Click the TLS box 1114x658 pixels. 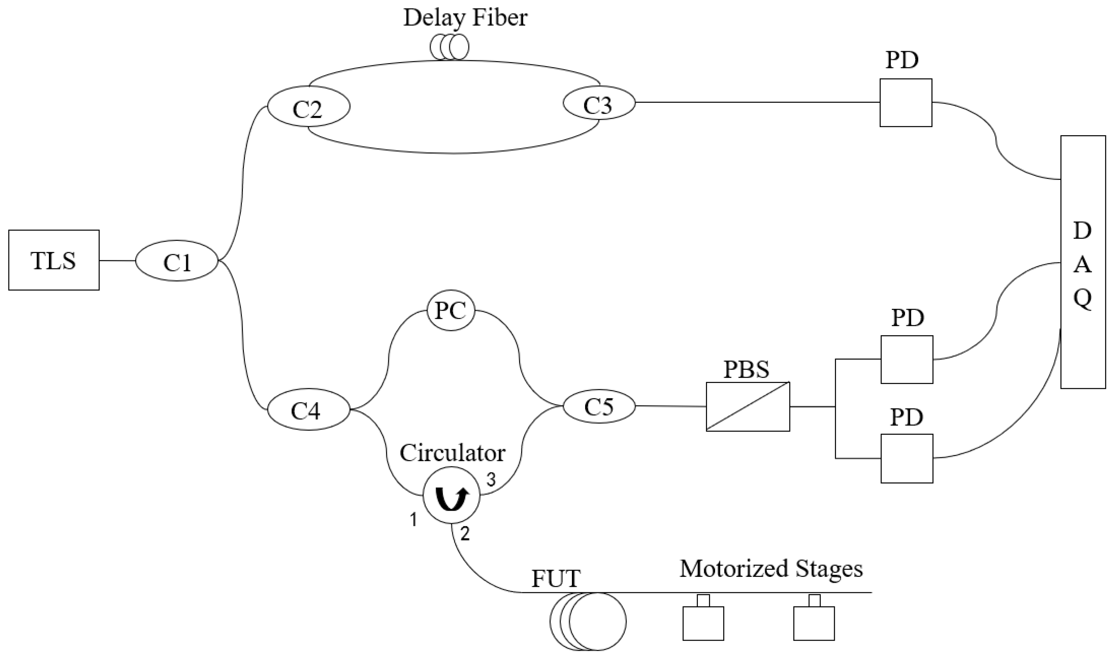tap(54, 260)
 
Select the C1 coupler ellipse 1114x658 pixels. tap(177, 261)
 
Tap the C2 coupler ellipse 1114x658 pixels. tap(308, 106)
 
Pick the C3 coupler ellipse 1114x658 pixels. tap(599, 103)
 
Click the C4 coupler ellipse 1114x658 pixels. tap(308, 410)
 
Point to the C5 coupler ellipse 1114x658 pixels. tap(599, 406)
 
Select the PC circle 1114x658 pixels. tap(451, 311)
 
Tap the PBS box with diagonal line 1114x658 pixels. tap(748, 406)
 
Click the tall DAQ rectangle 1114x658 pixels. tap(1082, 261)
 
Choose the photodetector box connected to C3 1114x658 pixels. tap(906, 103)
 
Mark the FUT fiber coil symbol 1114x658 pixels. tap(588, 622)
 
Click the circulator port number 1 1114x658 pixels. tap(413, 519)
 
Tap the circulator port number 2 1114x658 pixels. tap(465, 534)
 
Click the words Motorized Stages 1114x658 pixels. tap(771, 569)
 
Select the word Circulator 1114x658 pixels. tap(453, 453)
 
